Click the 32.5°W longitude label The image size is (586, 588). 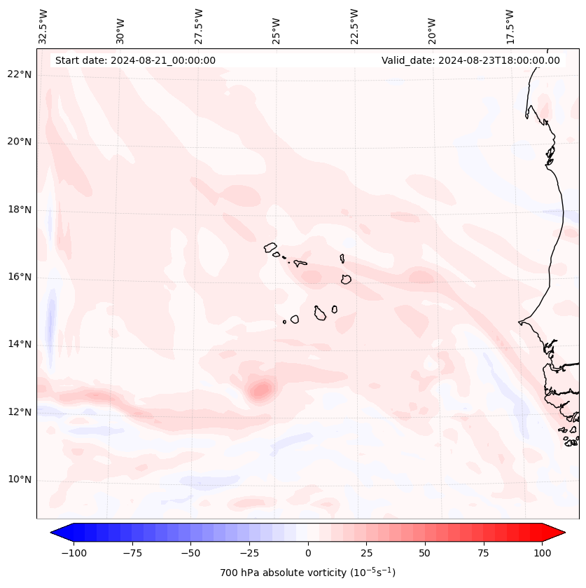43,25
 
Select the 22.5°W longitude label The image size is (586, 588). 354,25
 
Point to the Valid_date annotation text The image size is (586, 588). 470,60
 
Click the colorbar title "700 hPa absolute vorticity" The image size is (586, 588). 307,573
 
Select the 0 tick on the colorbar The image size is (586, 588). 308,553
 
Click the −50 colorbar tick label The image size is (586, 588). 190,553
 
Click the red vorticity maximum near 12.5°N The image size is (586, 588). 261,390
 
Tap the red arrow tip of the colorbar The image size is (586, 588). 559,533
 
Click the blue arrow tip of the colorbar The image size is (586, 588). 57,533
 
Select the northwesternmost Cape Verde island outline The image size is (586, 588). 270,247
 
